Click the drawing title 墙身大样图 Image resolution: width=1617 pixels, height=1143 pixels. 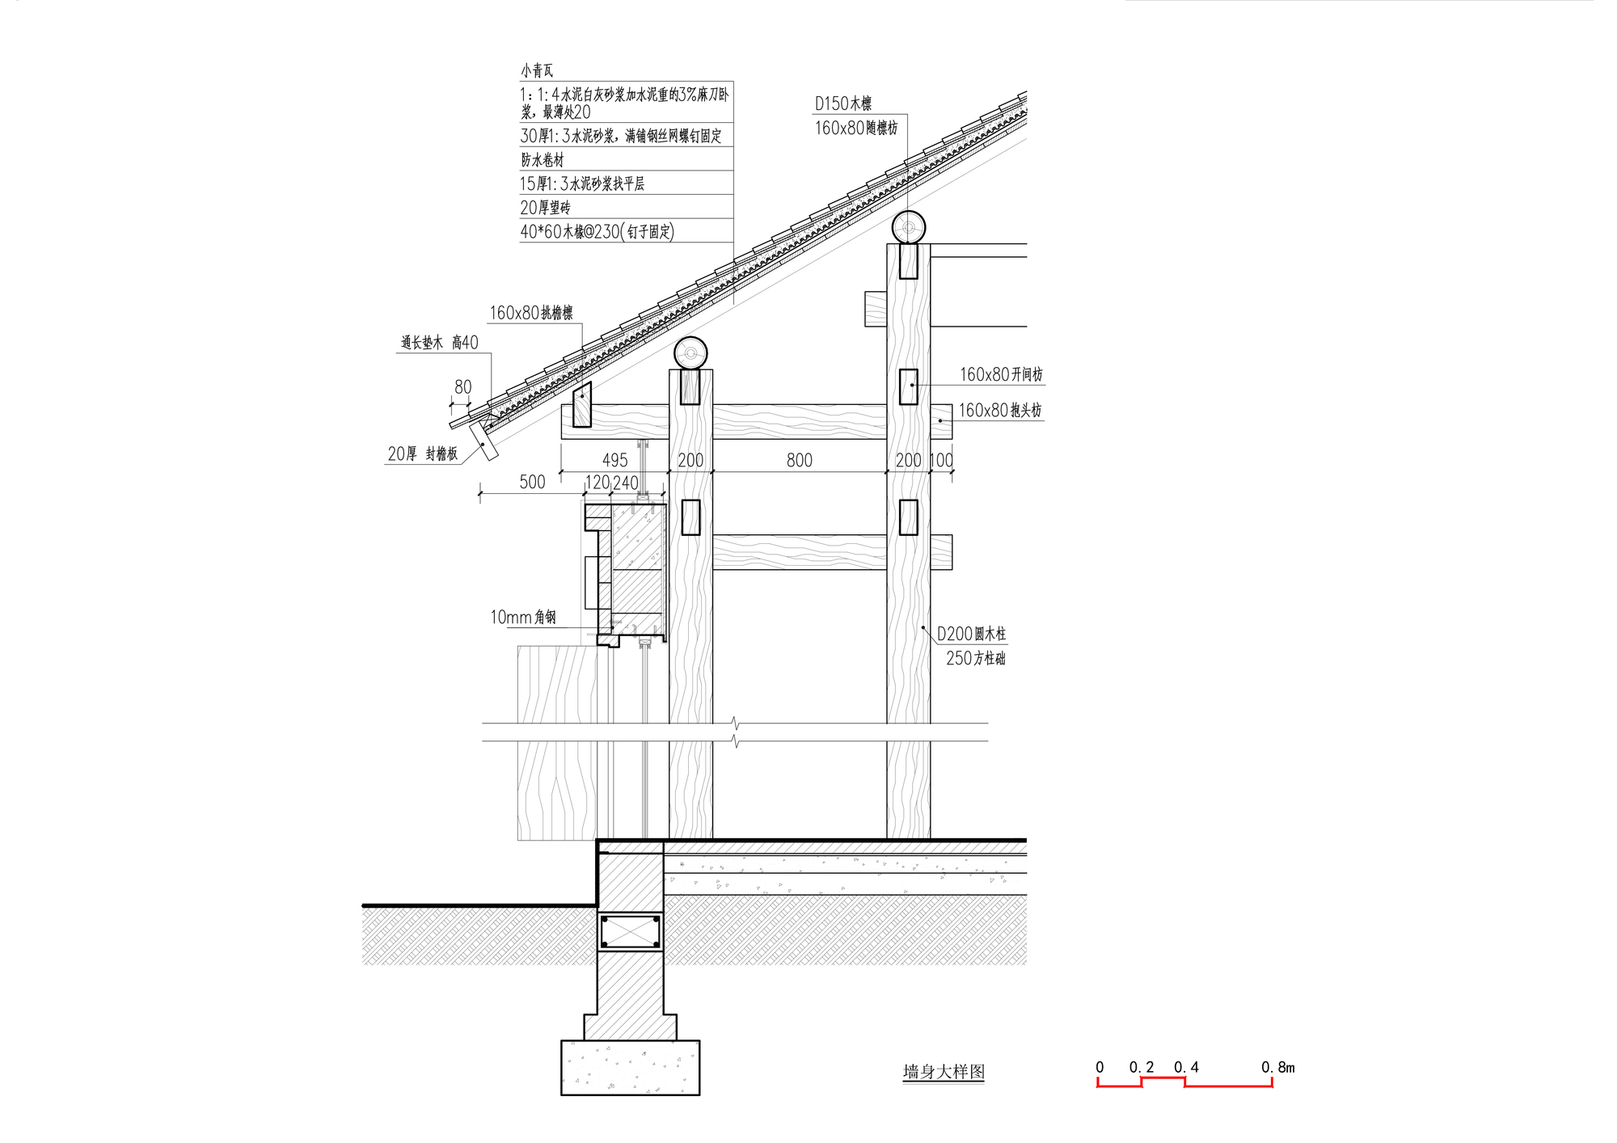(x=944, y=1072)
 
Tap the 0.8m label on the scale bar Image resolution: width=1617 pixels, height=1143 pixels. (x=1277, y=1067)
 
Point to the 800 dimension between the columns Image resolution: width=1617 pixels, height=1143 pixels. (x=799, y=460)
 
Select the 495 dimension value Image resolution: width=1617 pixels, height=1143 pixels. (x=614, y=460)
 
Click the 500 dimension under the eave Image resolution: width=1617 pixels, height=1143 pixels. (x=532, y=482)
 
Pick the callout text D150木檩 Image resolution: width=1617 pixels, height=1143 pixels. (x=842, y=103)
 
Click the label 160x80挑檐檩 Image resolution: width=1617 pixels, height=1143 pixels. (x=531, y=313)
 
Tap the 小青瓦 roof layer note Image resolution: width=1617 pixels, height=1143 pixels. (x=537, y=70)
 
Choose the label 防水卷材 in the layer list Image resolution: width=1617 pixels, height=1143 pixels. (x=542, y=159)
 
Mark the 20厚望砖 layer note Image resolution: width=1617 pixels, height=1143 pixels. (x=545, y=208)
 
